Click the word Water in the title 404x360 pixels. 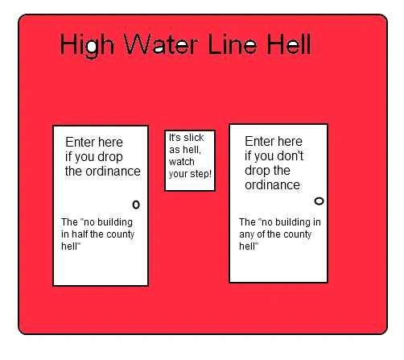tap(161, 44)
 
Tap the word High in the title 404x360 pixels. tap(87, 46)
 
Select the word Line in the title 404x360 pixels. tap(232, 43)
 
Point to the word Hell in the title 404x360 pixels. tap(289, 43)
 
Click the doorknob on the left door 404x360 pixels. tap(136, 205)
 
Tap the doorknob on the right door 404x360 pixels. tap(319, 201)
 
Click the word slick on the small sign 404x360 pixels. tap(194, 138)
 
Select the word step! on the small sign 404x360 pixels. tap(200, 174)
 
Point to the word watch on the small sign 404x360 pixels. tap(182, 162)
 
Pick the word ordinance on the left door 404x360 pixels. tap(113, 172)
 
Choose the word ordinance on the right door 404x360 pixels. tap(272, 185)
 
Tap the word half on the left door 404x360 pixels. tap(80, 234)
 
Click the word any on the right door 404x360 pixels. tap(246, 235)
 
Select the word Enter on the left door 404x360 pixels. tap(80, 142)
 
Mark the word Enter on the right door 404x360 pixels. tap(259, 141)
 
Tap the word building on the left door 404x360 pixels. tap(115, 222)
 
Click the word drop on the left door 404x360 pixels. tap(110, 157)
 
